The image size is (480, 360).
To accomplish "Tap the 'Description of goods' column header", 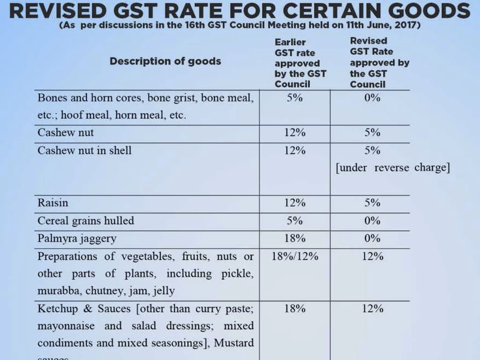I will (165, 61).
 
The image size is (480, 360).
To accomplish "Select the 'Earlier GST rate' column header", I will (300, 63).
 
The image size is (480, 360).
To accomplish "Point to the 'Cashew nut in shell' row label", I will (84, 150).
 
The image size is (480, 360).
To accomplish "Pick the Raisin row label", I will (52, 203).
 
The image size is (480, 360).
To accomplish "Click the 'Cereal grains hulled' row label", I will (85, 221).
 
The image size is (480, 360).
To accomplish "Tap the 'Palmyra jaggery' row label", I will (77, 239).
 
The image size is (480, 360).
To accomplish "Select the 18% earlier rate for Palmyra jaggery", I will (295, 238).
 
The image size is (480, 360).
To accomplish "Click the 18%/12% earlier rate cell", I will (295, 256).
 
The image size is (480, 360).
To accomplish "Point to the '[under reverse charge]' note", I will (392, 168).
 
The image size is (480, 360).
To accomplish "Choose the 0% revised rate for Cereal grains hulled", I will (372, 220).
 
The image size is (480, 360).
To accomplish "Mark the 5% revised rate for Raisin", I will (372, 202).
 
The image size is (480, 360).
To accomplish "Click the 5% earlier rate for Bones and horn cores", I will (295, 98).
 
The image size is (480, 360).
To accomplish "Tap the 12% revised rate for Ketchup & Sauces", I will (372, 308).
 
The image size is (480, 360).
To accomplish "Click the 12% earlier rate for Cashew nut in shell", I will (295, 150).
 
